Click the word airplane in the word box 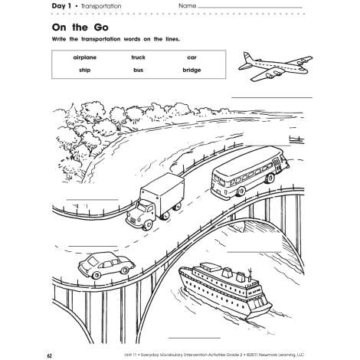pos(85,57)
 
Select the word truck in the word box pos(139,57)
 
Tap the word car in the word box pos(191,57)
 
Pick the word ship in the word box pos(85,70)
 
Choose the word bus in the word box pos(138,70)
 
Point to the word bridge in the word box pos(191,70)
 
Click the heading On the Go pos(80,28)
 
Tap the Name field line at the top pos(250,8)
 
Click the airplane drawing pos(275,67)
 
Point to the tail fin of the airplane pos(247,57)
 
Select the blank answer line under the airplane pos(272,97)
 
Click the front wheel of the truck pos(147,224)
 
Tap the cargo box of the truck pos(163,190)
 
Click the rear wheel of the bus pos(241,191)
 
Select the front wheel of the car pos(96,275)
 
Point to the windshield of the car pos(92,261)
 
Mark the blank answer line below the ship pos(195,338)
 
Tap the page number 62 pos(49,355)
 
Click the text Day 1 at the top pos(61,6)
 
